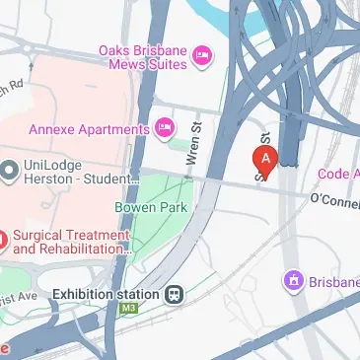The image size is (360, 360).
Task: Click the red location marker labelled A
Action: pyautogui.click(x=265, y=159)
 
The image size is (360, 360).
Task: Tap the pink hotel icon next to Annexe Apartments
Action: pyautogui.click(x=166, y=126)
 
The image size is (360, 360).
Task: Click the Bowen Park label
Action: pyautogui.click(x=150, y=207)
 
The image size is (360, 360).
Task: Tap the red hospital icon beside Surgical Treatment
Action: pyautogui.click(x=3, y=240)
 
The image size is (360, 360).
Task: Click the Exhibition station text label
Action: pyautogui.click(x=106, y=294)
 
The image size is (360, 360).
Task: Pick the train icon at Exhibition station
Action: pyautogui.click(x=175, y=293)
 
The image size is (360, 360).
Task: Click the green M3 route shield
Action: pyautogui.click(x=127, y=310)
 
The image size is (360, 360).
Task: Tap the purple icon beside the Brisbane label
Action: pyautogui.click(x=293, y=282)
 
